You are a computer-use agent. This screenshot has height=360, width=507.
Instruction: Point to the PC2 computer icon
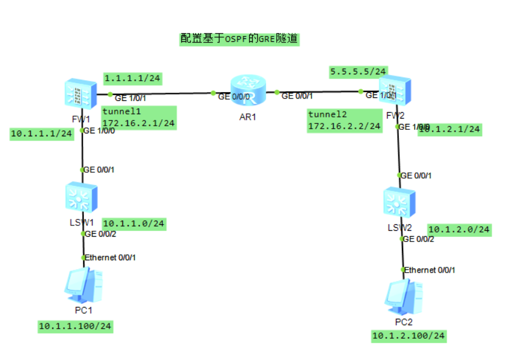click(x=403, y=297)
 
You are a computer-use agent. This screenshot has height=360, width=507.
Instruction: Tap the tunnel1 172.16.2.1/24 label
click(x=139, y=117)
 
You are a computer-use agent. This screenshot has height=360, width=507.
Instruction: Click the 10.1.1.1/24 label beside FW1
click(x=41, y=134)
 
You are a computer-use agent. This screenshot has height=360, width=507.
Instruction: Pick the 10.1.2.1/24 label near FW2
click(x=450, y=129)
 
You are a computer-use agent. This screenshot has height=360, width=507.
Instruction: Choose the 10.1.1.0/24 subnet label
click(x=133, y=224)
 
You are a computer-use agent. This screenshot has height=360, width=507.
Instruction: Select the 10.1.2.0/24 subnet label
click(x=459, y=229)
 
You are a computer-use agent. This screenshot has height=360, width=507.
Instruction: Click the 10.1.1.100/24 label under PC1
click(x=75, y=326)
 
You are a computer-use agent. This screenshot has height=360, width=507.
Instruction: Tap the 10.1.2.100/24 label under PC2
click(x=408, y=336)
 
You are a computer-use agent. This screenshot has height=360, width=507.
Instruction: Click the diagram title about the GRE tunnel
click(x=240, y=40)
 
